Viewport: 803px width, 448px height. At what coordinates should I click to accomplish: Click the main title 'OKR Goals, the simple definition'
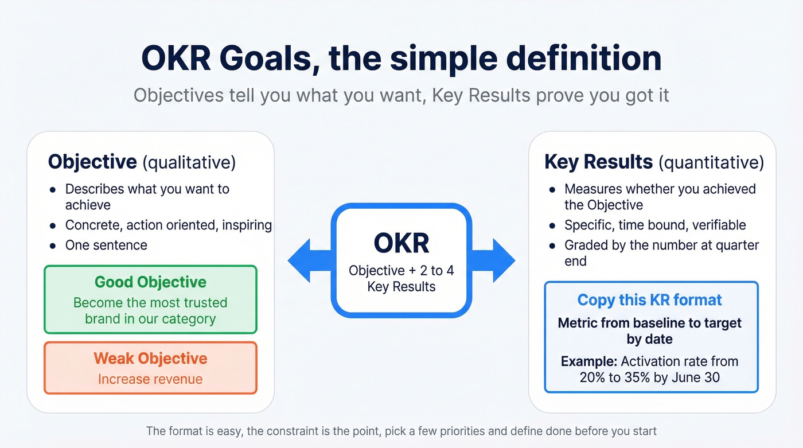point(401,59)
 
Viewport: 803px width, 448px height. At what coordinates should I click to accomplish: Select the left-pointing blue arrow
point(307,261)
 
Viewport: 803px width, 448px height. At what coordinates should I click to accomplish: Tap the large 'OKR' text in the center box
point(401,243)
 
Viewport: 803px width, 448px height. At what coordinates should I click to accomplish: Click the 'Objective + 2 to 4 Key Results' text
point(401,278)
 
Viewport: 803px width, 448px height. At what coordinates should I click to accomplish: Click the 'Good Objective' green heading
point(150,282)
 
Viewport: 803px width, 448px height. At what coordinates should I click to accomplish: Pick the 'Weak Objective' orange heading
point(150,359)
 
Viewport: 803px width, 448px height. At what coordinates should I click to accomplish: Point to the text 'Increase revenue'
point(150,379)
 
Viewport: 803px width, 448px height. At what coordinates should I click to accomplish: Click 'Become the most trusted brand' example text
point(150,310)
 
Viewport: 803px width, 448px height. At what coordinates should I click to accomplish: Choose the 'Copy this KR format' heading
point(649,300)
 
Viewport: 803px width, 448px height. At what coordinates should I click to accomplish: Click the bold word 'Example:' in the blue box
point(588,361)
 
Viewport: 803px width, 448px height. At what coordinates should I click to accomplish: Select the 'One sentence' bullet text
point(106,245)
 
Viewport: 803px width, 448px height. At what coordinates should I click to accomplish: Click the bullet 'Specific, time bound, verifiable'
point(655,225)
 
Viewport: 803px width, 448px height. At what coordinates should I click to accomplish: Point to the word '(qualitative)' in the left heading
point(189,162)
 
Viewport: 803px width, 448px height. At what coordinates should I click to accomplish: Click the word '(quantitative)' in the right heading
point(711,162)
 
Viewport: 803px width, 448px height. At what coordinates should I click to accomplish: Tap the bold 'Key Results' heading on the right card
point(598,162)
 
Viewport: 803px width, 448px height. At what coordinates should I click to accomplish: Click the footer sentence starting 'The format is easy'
point(401,430)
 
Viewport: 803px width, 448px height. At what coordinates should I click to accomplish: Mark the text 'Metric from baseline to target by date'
point(649,331)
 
